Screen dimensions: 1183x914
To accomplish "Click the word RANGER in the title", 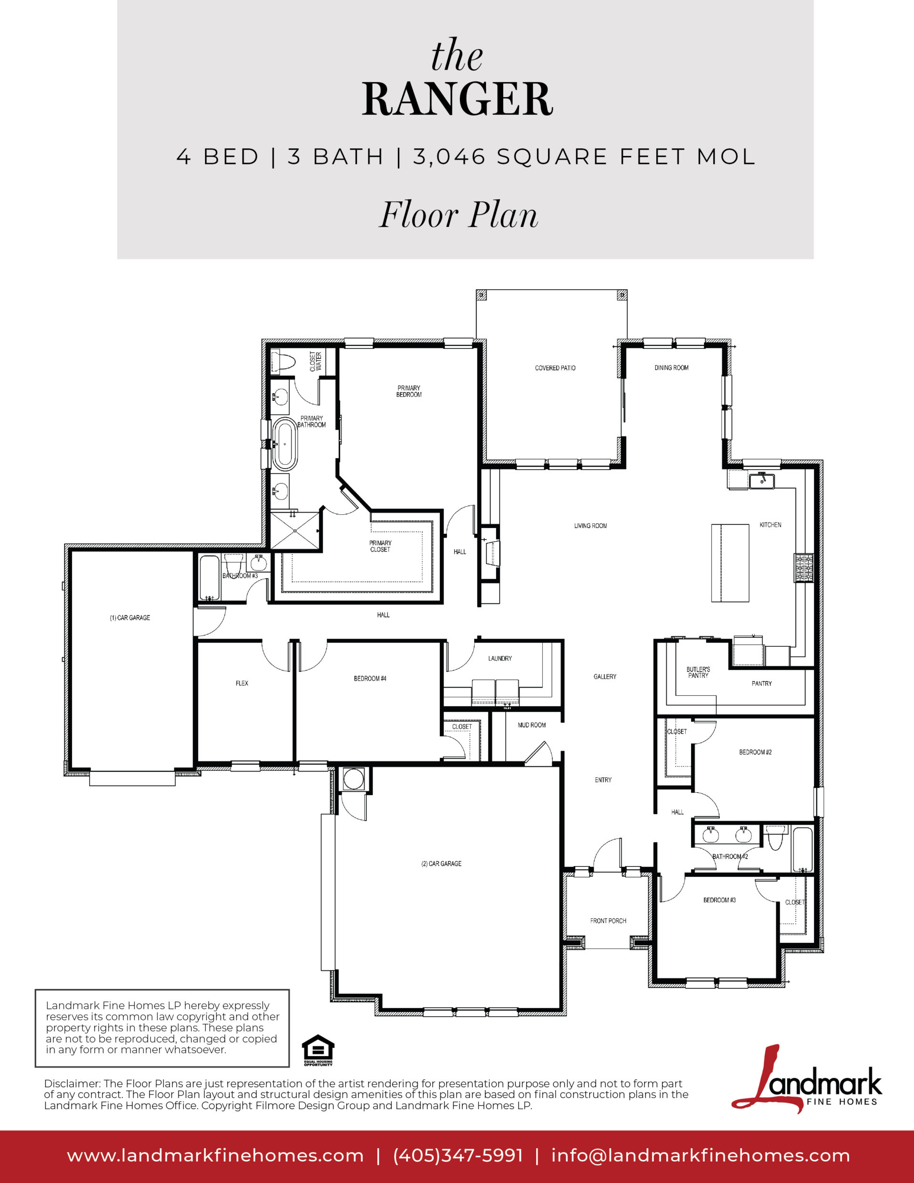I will pyautogui.click(x=457, y=99).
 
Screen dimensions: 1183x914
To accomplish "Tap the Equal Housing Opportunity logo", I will pyautogui.click(x=318, y=1051).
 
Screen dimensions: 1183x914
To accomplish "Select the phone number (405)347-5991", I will pyautogui.click(x=458, y=1155).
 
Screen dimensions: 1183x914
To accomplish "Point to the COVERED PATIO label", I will pyautogui.click(x=555, y=368).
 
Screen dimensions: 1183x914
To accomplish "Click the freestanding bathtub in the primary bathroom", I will pyautogui.click(x=284, y=444).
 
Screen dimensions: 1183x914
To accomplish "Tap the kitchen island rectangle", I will pyautogui.click(x=730, y=563).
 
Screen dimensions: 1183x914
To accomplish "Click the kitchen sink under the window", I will pyautogui.click(x=762, y=480).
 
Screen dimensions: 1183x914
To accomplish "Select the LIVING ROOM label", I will pyautogui.click(x=590, y=525).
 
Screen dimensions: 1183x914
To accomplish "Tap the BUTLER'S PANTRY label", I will pyautogui.click(x=698, y=672).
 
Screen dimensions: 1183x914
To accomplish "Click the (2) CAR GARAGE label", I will pyautogui.click(x=441, y=863).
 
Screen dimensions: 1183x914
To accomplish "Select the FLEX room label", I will pyautogui.click(x=242, y=683).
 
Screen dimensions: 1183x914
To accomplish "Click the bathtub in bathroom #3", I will pyautogui.click(x=210, y=577).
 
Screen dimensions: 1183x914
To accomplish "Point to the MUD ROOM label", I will pyautogui.click(x=531, y=725).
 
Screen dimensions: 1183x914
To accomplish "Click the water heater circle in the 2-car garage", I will pyautogui.click(x=353, y=779).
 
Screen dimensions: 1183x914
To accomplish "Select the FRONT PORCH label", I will pyautogui.click(x=608, y=920).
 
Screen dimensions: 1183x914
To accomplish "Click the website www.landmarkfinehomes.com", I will pyautogui.click(x=215, y=1155).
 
